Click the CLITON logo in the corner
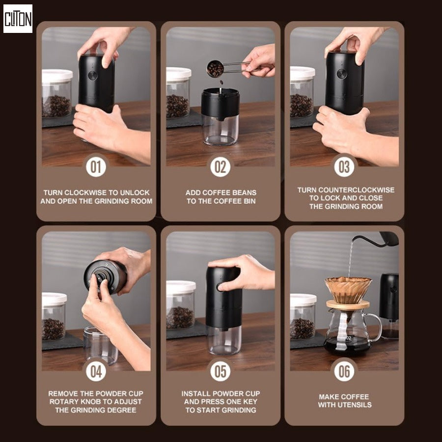[18, 19]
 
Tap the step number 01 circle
[96, 167]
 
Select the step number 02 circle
[221, 167]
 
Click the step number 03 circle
[344, 167]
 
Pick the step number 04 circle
[96, 371]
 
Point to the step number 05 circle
[221, 371]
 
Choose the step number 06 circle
[344, 371]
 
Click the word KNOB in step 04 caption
[98, 402]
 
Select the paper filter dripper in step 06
[348, 290]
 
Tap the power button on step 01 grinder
[92, 76]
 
